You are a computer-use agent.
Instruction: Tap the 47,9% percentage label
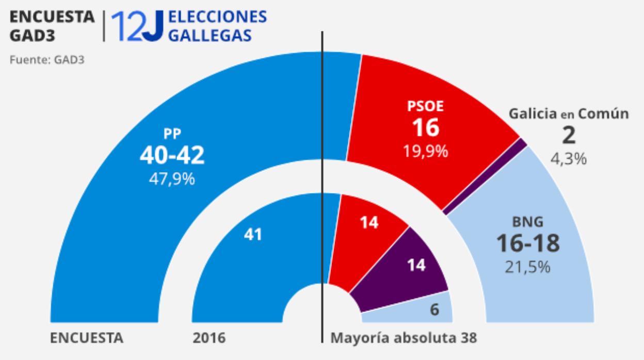point(172,179)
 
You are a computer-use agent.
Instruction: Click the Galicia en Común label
point(568,114)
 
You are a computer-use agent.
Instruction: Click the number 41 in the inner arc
point(253,235)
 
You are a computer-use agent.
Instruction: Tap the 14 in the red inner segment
point(368,222)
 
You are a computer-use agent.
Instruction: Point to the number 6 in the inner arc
point(434,309)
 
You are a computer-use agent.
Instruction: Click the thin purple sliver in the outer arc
point(485,175)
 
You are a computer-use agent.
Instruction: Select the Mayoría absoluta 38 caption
point(404,339)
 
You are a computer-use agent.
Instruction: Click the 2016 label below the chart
point(209,339)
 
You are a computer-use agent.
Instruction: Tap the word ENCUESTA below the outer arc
point(87,339)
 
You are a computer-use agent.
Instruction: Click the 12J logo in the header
point(137,26)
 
